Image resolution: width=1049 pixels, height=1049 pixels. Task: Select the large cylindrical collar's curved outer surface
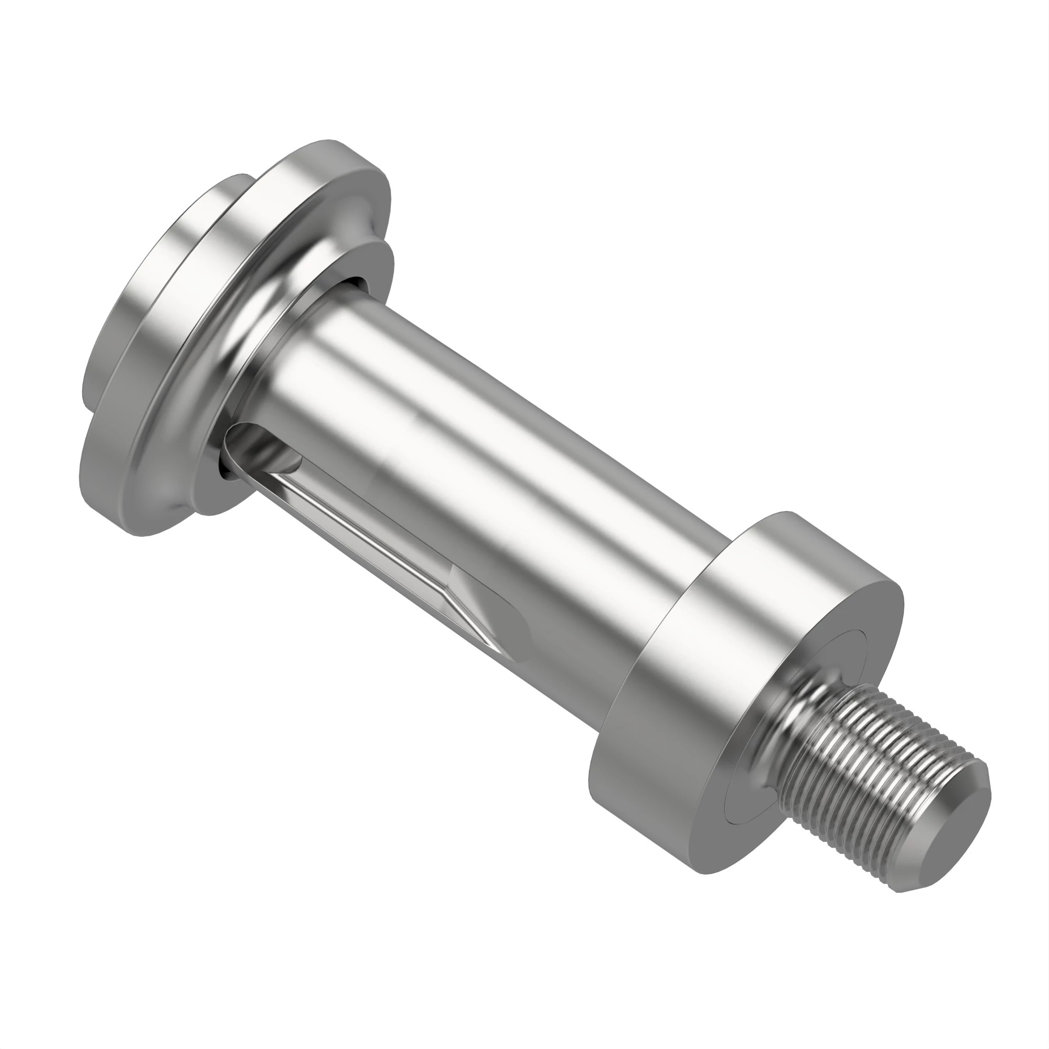(x=679, y=651)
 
